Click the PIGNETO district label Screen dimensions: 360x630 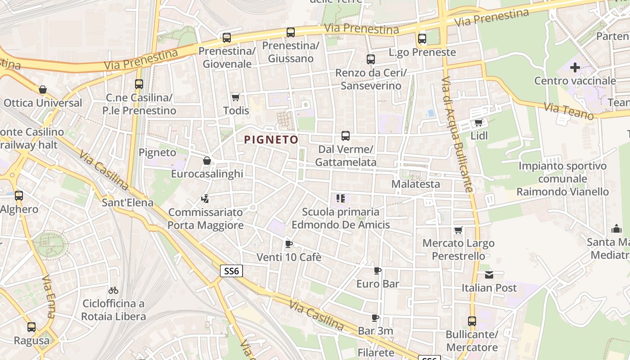pyautogui.click(x=271, y=139)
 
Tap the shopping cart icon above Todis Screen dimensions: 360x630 pyautogui.click(x=235, y=97)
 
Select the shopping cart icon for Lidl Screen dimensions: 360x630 pyautogui.click(x=479, y=122)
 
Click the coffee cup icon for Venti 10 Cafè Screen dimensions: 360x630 pyautogui.click(x=288, y=244)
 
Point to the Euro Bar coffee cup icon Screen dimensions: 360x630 pyautogui.click(x=378, y=270)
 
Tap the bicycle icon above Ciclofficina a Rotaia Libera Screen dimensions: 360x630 pyautogui.click(x=113, y=290)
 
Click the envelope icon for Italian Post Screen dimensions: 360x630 pyautogui.click(x=489, y=274)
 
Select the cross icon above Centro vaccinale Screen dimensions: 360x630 pyautogui.click(x=575, y=68)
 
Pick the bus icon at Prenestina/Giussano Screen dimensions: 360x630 pyautogui.click(x=291, y=32)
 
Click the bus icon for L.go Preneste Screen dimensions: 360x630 pyautogui.click(x=422, y=39)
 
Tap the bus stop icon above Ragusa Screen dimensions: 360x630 pyautogui.click(x=31, y=327)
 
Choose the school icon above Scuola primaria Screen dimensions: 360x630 pyautogui.click(x=340, y=198)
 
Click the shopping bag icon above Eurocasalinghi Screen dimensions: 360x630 pyautogui.click(x=207, y=161)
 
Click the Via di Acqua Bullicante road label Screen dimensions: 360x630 pyautogui.click(x=456, y=135)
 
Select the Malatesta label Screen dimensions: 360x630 pyautogui.click(x=415, y=184)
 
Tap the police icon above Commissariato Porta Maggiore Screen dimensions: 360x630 pyautogui.click(x=205, y=198)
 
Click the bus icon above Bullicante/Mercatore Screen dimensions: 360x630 pyautogui.click(x=472, y=321)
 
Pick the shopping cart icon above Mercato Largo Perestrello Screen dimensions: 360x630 pyautogui.click(x=458, y=230)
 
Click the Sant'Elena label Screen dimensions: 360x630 pyautogui.click(x=127, y=202)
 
